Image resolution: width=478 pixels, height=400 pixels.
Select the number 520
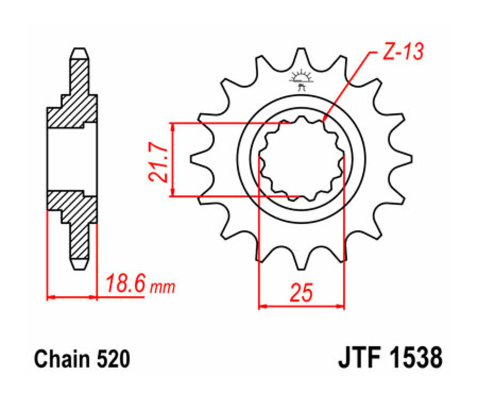click(x=113, y=360)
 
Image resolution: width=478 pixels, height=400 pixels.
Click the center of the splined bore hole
click(x=301, y=159)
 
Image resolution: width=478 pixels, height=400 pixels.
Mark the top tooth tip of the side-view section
click(x=79, y=52)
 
